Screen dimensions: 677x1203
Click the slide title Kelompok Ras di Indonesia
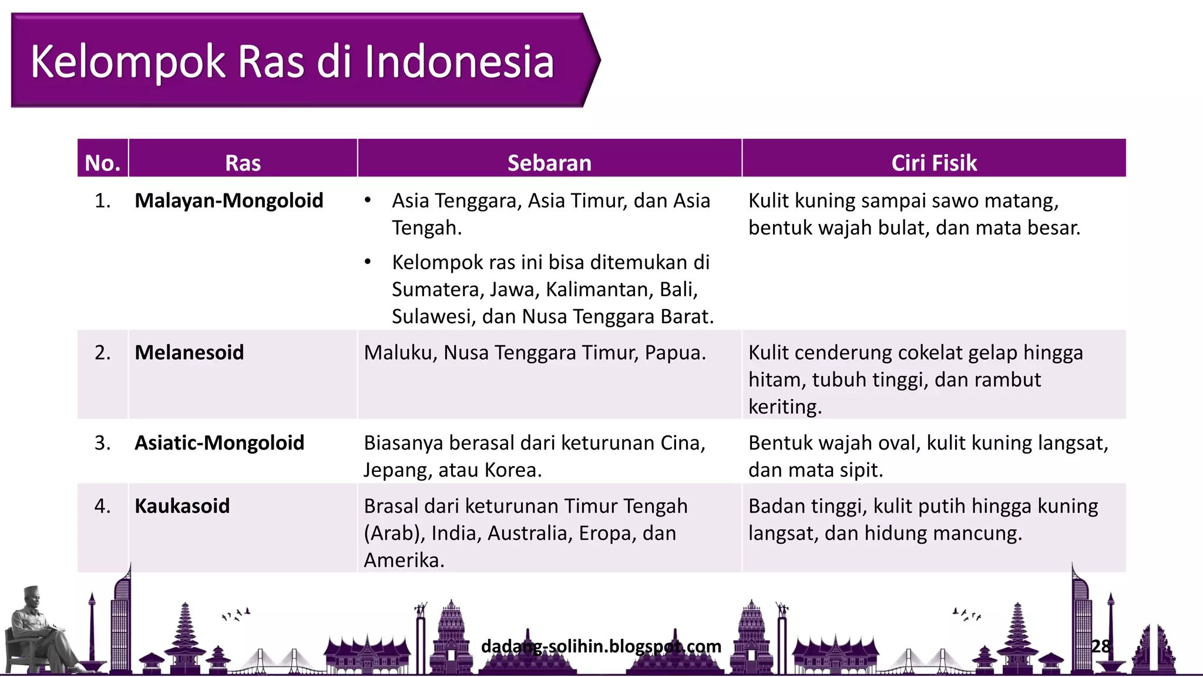pyautogui.click(x=292, y=62)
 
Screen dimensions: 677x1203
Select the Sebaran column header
pyautogui.click(x=549, y=163)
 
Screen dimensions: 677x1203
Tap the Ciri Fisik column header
pyautogui.click(x=934, y=163)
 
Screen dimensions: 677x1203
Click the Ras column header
pyautogui.click(x=243, y=163)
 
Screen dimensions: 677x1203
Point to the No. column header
pyautogui.click(x=103, y=163)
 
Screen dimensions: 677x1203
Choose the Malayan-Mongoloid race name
pyautogui.click(x=229, y=200)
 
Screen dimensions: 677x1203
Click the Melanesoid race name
pyautogui.click(x=189, y=352)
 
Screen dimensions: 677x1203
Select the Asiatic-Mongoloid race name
pyautogui.click(x=220, y=443)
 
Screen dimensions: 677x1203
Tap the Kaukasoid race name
pyautogui.click(x=182, y=506)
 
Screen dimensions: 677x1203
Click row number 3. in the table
pyautogui.click(x=103, y=443)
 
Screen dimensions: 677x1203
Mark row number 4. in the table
pyautogui.click(x=103, y=506)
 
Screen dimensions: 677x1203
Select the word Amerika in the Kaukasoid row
pyautogui.click(x=404, y=561)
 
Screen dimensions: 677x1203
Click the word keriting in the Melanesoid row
pyautogui.click(x=784, y=407)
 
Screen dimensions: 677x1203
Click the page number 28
pyautogui.click(x=1101, y=646)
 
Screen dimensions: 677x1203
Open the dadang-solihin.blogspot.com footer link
pyautogui.click(x=601, y=646)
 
